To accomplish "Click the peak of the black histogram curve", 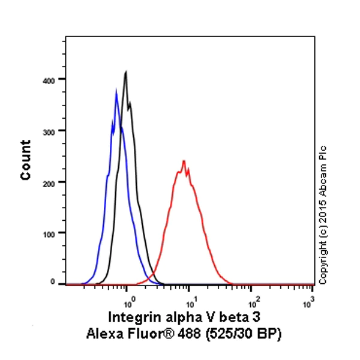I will [x=126, y=72].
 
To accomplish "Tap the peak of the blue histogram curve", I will [x=116, y=91].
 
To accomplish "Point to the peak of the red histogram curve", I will [x=184, y=161].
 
